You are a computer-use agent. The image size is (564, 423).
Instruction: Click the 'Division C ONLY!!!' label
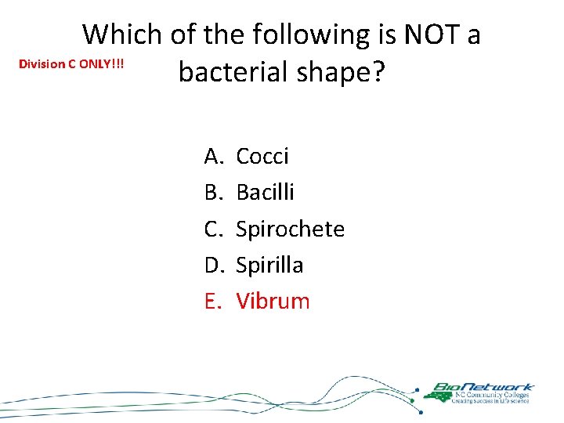click(x=71, y=63)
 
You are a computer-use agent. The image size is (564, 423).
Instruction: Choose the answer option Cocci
click(x=262, y=157)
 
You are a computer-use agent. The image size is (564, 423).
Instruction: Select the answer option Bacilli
click(x=265, y=193)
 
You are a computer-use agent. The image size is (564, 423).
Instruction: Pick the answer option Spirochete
click(x=290, y=229)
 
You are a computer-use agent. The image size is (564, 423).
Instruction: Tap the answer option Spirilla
click(x=269, y=265)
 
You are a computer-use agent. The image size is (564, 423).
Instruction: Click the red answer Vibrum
click(x=273, y=301)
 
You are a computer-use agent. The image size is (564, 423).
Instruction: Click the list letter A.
click(x=214, y=157)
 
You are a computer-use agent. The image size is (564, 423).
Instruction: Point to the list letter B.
click(x=213, y=193)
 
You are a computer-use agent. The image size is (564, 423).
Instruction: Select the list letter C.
click(x=214, y=229)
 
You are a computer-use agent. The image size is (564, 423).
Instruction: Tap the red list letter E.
click(x=212, y=301)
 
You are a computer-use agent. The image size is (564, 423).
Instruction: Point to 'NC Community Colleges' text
click(x=490, y=395)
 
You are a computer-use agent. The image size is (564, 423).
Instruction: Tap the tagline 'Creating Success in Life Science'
click(x=490, y=401)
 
